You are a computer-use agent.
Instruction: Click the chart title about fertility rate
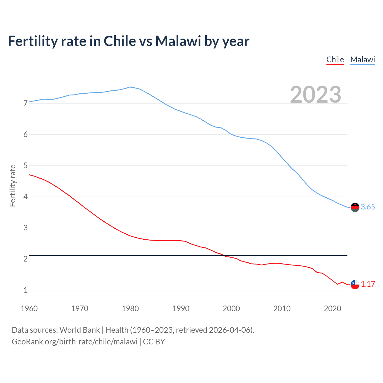click(129, 41)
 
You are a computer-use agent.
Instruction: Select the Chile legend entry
click(335, 60)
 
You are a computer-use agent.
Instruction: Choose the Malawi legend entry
click(362, 60)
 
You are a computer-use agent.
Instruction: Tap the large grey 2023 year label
click(315, 95)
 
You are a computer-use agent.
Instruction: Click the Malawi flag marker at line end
click(355, 207)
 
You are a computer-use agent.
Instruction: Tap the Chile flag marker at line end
click(355, 284)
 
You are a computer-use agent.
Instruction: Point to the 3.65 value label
click(368, 207)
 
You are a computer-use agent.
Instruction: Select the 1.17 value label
click(368, 284)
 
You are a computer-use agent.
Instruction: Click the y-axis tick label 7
click(25, 104)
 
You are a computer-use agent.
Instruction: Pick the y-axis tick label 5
click(25, 166)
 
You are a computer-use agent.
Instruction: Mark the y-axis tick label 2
click(25, 259)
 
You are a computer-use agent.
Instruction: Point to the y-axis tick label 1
click(25, 290)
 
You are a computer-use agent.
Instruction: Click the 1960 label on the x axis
click(29, 308)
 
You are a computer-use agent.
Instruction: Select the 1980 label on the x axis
click(130, 308)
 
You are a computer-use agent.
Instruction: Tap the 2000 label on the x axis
click(231, 308)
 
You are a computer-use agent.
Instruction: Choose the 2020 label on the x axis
click(332, 308)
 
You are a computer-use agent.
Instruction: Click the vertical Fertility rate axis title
click(13, 186)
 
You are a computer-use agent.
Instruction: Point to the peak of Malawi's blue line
click(130, 87)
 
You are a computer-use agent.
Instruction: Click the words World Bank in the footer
click(80, 330)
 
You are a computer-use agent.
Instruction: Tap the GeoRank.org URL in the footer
click(75, 342)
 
